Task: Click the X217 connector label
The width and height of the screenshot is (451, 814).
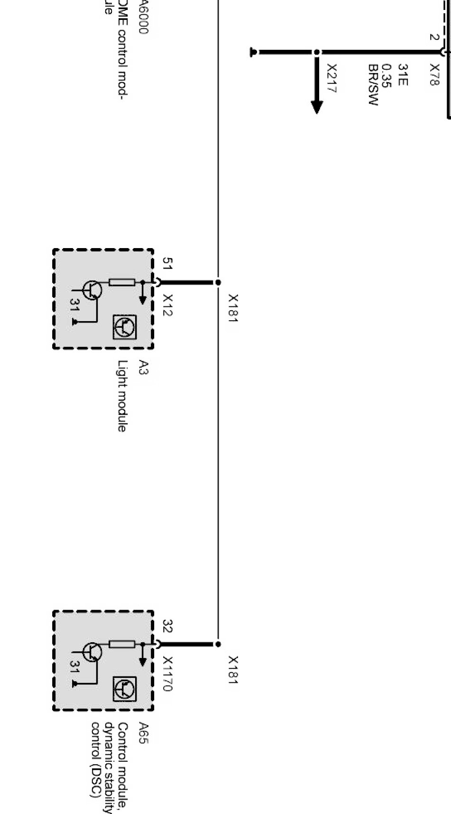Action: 331,79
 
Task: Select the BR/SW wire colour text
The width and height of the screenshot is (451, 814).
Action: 373,85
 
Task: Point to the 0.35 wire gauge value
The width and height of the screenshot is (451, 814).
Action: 387,76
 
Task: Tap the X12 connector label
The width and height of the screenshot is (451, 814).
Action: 167,305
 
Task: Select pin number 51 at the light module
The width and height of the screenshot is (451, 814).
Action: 167,263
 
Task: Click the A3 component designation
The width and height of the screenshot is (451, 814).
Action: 143,367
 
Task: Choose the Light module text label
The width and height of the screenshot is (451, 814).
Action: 122,396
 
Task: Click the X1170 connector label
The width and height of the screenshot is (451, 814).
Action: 167,673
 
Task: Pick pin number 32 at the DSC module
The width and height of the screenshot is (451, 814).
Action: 167,626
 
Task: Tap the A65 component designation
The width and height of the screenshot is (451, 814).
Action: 143,733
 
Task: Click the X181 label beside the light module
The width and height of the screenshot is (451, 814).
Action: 233,308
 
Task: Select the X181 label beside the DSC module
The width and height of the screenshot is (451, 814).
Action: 233,670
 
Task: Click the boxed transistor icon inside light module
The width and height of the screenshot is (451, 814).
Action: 125,327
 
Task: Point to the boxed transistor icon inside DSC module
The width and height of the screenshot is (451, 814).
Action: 125,689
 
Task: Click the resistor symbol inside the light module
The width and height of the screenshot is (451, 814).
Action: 122,282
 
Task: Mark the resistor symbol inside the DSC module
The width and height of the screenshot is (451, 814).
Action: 122,644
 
